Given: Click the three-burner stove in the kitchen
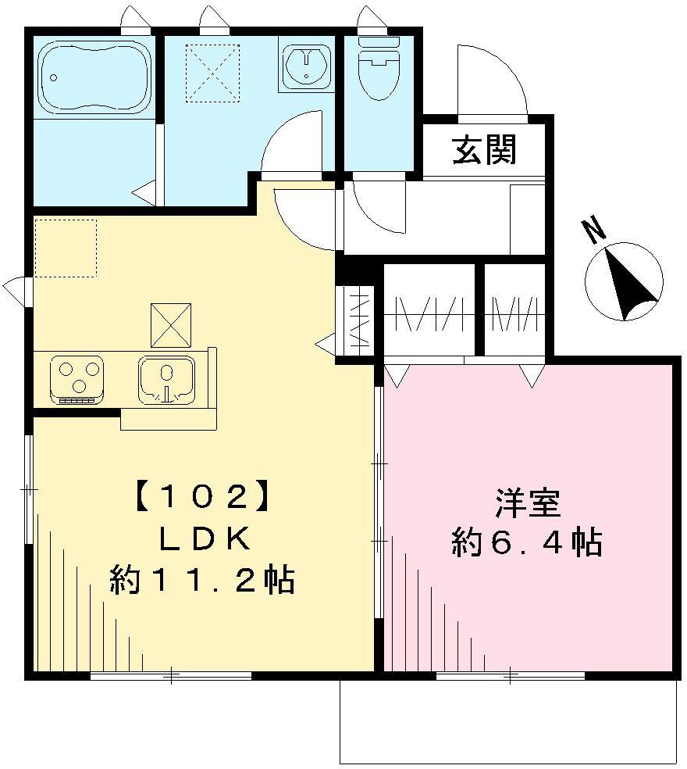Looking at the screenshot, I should pyautogui.click(x=77, y=378).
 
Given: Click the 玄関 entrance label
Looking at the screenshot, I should pyautogui.click(x=485, y=150).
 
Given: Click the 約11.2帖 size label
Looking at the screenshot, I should pyautogui.click(x=202, y=580).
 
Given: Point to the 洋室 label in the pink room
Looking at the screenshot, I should pyautogui.click(x=528, y=503).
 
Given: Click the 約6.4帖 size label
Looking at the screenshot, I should pyautogui.click(x=528, y=542).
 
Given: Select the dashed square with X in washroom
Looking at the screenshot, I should pyautogui.click(x=212, y=73).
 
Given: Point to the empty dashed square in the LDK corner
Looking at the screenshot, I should pyautogui.click(x=66, y=248).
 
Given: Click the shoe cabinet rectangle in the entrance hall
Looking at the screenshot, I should pyautogui.click(x=528, y=219).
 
